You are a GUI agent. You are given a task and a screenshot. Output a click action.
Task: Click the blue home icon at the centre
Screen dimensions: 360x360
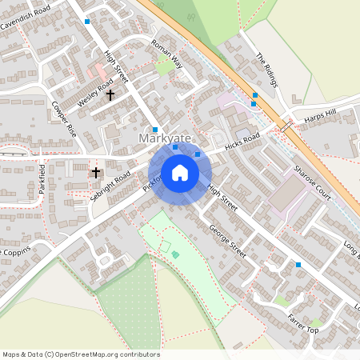180,172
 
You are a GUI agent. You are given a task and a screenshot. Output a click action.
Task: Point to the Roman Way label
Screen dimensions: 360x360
167,54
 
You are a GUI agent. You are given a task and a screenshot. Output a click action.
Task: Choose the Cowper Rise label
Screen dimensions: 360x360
64,118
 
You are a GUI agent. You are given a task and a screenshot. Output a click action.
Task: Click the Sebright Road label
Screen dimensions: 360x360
111,185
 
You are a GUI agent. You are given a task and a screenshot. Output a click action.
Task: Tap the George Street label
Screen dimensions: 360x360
227,239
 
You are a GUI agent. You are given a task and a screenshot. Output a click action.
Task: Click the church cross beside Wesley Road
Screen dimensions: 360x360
110,94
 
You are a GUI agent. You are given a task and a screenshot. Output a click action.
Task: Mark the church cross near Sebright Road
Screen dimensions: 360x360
96,172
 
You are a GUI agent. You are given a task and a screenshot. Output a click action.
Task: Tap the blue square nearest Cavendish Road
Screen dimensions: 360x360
87,22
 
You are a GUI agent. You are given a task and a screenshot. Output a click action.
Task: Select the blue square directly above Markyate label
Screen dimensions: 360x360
155,130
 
